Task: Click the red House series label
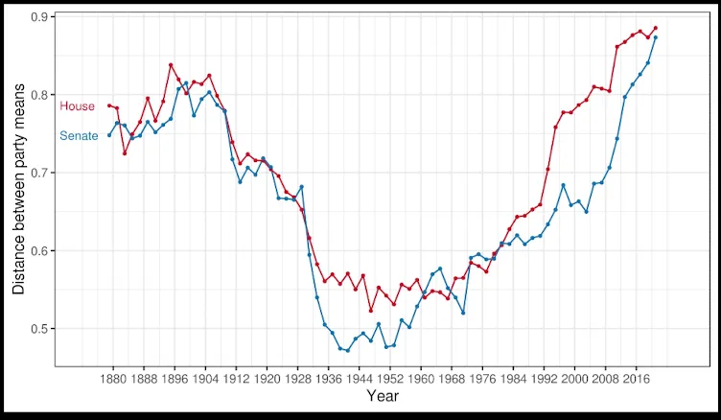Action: (x=78, y=106)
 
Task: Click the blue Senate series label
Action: (x=79, y=136)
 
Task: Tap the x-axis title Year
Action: (x=383, y=396)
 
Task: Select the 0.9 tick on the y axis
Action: (x=42, y=17)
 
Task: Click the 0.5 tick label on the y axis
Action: (x=42, y=329)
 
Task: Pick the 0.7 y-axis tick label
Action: (x=42, y=173)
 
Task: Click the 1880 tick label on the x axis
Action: (x=113, y=379)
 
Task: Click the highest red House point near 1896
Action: (x=171, y=65)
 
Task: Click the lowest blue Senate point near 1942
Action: (x=347, y=351)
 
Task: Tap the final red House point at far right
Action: (x=656, y=28)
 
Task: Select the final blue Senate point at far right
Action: (x=656, y=37)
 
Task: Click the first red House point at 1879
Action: (x=109, y=105)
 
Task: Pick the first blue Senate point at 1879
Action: (x=109, y=135)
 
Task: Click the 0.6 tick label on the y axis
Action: (x=42, y=251)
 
